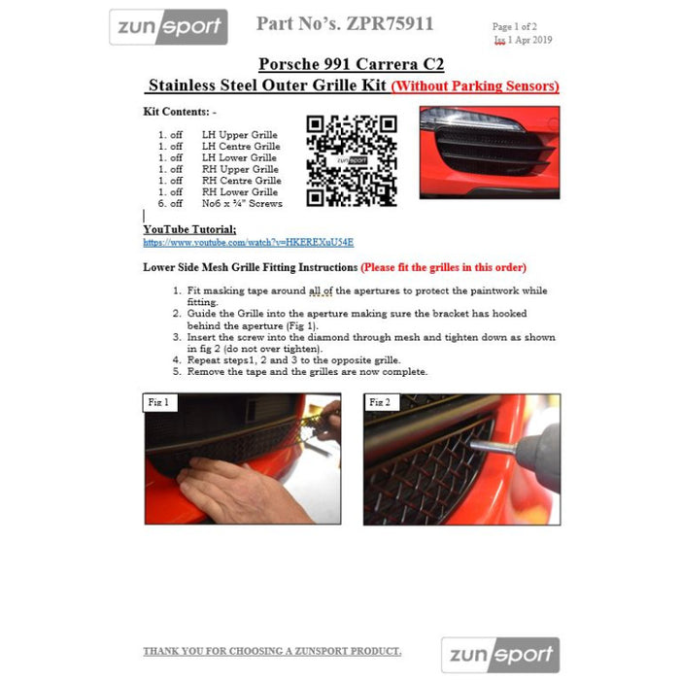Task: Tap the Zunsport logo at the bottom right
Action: pos(500,655)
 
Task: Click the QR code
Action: pos(352,160)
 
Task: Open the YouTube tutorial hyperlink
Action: pos(248,242)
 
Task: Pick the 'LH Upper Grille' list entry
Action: pos(239,135)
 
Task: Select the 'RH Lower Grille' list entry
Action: pos(239,192)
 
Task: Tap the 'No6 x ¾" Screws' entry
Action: pos(242,204)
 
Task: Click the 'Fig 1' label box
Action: pos(158,402)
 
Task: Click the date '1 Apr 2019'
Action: pos(530,41)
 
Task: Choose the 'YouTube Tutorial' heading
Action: pos(189,229)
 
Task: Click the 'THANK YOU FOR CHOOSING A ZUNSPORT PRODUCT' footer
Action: pos(272,651)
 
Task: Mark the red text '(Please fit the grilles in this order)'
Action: pos(444,267)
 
